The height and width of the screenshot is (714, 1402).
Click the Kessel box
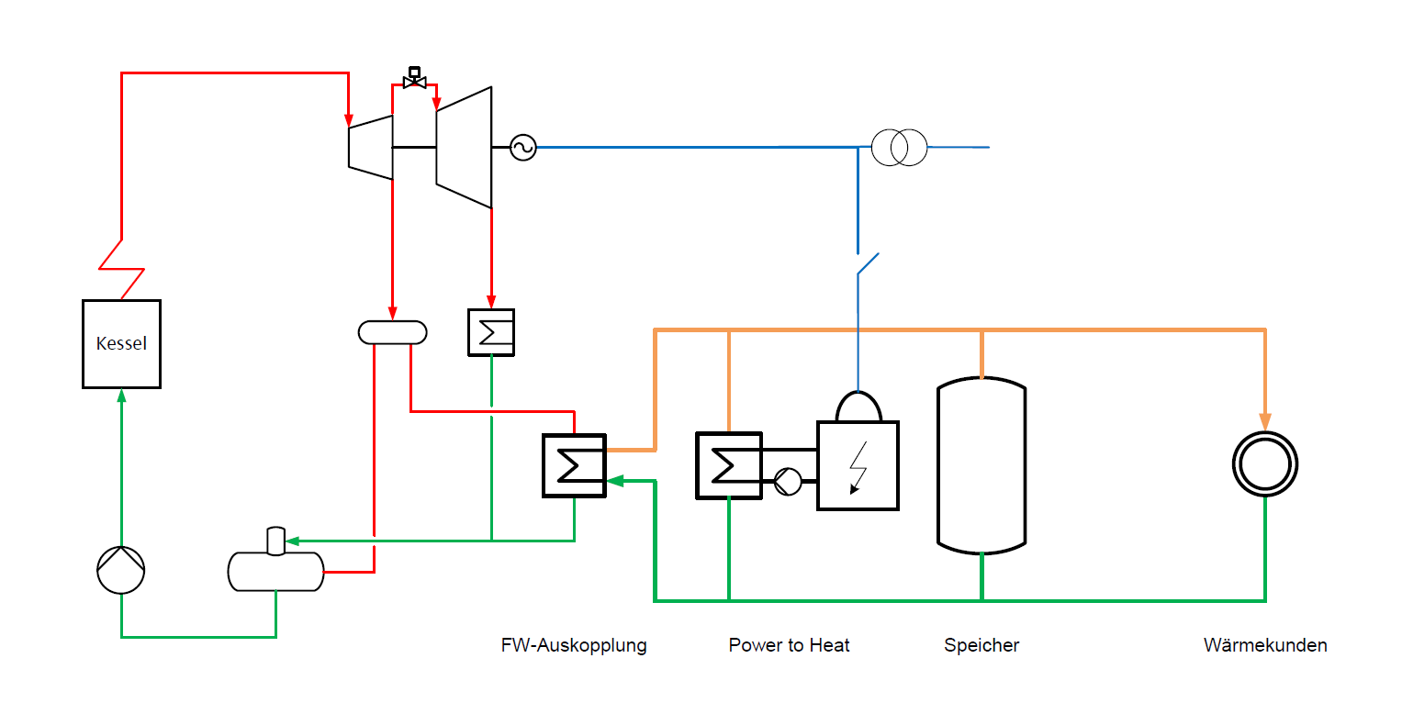pyautogui.click(x=121, y=344)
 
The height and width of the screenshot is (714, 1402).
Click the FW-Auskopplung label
pyautogui.click(x=574, y=645)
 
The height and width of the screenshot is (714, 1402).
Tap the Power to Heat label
pyautogui.click(x=789, y=645)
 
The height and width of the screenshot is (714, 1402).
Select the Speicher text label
pyautogui.click(x=981, y=645)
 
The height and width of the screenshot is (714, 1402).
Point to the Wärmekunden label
pyautogui.click(x=1265, y=645)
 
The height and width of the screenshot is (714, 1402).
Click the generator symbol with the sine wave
pyautogui.click(x=522, y=147)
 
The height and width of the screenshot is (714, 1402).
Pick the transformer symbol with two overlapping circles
pyautogui.click(x=899, y=147)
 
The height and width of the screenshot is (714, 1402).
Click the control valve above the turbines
pyautogui.click(x=414, y=80)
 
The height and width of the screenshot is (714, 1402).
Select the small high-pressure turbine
pyautogui.click(x=371, y=147)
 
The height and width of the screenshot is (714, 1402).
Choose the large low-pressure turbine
pyautogui.click(x=464, y=147)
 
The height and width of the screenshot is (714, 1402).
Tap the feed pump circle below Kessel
pyautogui.click(x=121, y=570)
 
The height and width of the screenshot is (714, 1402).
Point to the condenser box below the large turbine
pyautogui.click(x=490, y=332)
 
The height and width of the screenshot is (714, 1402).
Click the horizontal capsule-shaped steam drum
pyautogui.click(x=392, y=332)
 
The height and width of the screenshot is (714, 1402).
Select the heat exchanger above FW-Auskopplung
pyautogui.click(x=575, y=465)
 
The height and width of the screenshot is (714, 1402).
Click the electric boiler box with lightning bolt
pyautogui.click(x=858, y=465)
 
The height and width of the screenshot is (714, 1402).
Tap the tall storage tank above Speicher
pyautogui.click(x=981, y=465)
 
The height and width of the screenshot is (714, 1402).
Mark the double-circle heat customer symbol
pyautogui.click(x=1264, y=464)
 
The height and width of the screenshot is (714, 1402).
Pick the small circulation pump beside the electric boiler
pyautogui.click(x=787, y=478)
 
